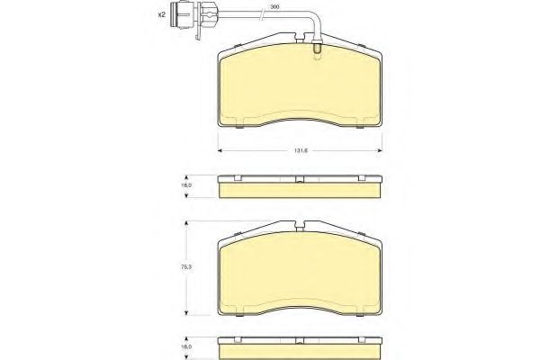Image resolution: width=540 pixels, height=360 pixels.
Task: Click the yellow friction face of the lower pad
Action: click(x=300, y=270)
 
